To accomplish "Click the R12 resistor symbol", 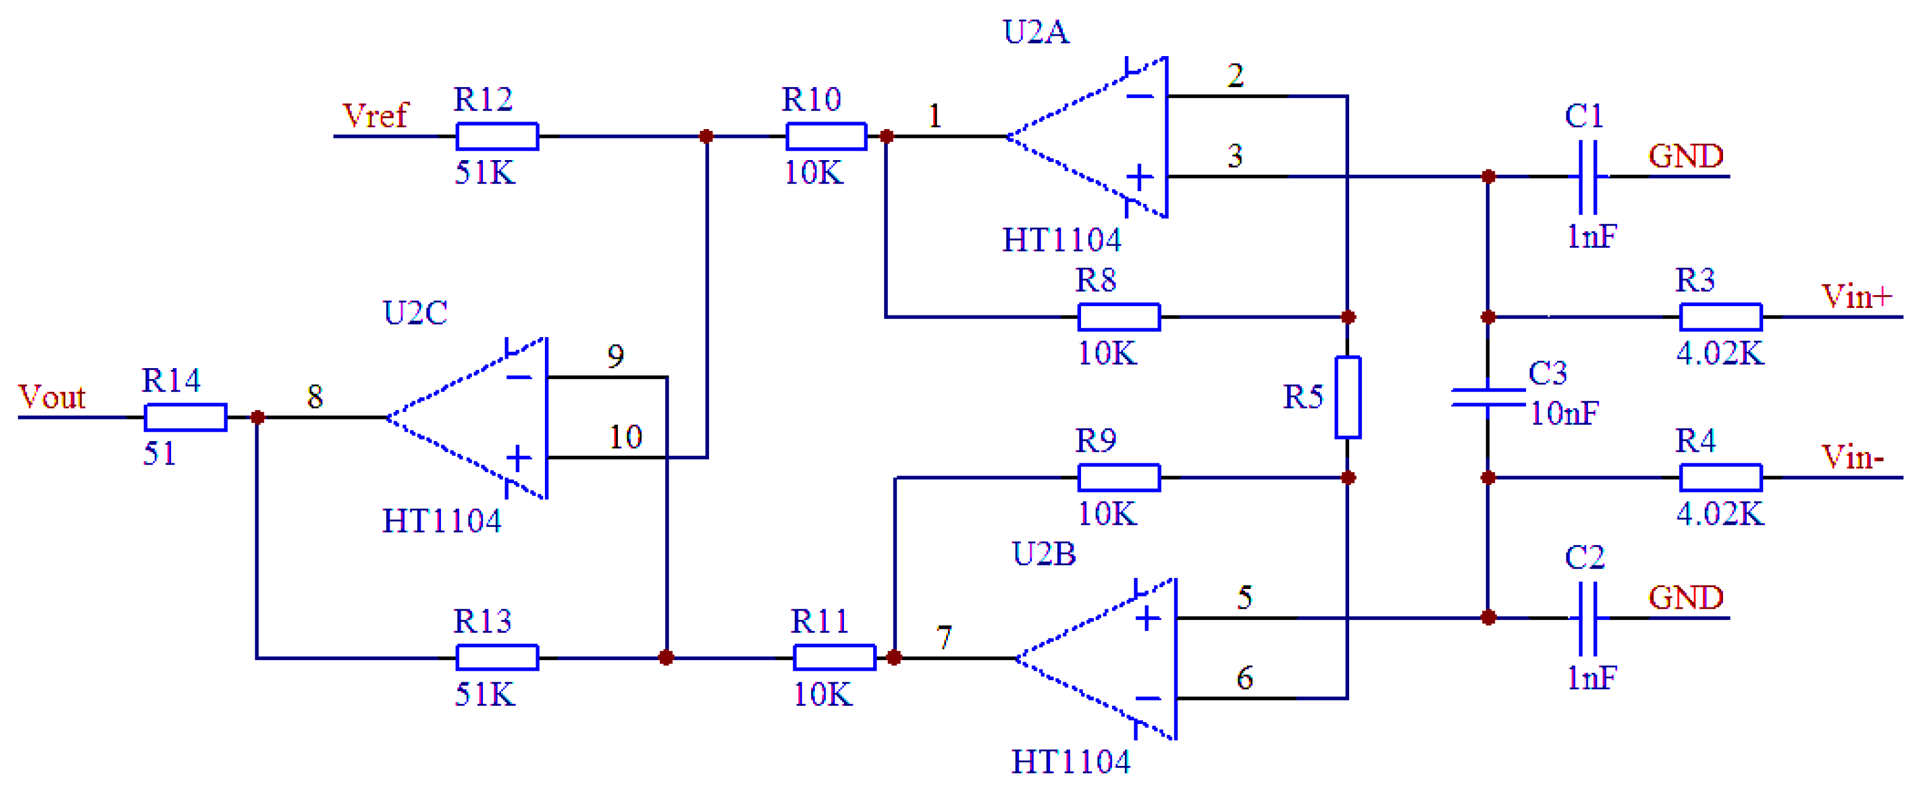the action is (x=496, y=136).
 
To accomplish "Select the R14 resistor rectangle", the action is (x=185, y=417).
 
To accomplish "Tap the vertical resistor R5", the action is (x=1347, y=397).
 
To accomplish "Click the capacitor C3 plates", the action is (x=1488, y=397).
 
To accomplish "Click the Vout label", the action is (x=51, y=397).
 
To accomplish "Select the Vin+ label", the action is (x=1856, y=296).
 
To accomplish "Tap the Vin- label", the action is (x=1852, y=456).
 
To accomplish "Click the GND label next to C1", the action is (x=1686, y=155).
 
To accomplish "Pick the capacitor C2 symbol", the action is (x=1587, y=618).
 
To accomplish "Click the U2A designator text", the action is (x=1036, y=32).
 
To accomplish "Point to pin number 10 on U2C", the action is (x=626, y=437).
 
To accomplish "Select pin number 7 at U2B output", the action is (x=944, y=637).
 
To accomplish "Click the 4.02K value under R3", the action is (x=1720, y=353).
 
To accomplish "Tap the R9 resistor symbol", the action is (x=1118, y=477).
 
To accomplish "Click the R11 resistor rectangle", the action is (x=834, y=658).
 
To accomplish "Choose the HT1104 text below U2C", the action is (x=442, y=521).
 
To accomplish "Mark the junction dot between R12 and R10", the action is (x=706, y=136).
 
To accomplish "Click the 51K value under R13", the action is (x=485, y=694).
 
